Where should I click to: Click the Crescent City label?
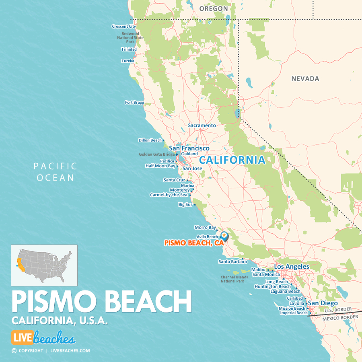[123, 27]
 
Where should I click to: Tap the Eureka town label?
[128, 61]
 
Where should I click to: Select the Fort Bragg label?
[134, 103]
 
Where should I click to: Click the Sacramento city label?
[202, 125]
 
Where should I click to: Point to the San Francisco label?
[189, 148]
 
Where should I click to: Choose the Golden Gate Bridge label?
[157, 154]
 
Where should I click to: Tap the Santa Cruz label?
[174, 180]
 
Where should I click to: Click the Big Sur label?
[185, 205]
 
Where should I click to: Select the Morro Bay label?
[205, 228]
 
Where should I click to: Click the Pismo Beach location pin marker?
[224, 235]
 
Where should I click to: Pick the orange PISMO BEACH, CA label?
[194, 243]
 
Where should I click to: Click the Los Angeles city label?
[292, 267]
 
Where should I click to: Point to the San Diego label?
[323, 303]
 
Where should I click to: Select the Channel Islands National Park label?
[232, 279]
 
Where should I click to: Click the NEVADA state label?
[305, 79]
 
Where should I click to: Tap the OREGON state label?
[213, 8]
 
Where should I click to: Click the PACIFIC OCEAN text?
[55, 172]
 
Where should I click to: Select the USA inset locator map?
[44, 265]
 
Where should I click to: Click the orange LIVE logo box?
[22, 338]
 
